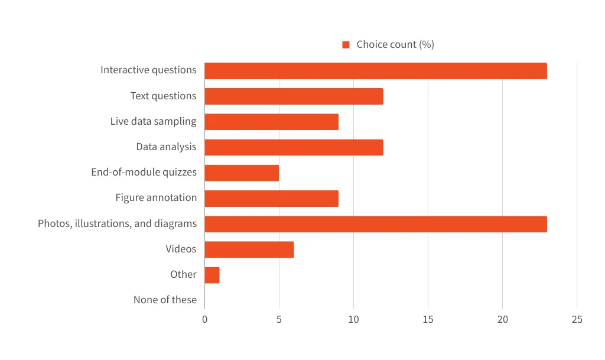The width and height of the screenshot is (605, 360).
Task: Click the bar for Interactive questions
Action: pos(376,71)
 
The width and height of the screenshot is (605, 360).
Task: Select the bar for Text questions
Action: pos(294,96)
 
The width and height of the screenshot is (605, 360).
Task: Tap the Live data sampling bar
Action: pos(271,122)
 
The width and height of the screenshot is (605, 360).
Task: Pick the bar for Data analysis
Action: pos(294,147)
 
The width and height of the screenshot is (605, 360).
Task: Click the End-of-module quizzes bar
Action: pos(242,173)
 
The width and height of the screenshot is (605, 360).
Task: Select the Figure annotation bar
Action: pos(271,199)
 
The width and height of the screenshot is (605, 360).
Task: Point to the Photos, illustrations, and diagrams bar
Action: pos(376,224)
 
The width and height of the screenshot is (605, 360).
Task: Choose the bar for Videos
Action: pos(249,249)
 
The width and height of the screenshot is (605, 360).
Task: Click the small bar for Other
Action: pos(212,275)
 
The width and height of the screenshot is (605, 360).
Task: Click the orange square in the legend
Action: pos(346,45)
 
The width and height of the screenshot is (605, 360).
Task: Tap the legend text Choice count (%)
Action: pos(395,45)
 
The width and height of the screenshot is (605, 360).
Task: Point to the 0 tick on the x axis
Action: pos(204,320)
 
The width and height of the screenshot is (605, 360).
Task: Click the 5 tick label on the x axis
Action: pos(279,320)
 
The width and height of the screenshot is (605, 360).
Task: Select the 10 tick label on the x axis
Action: pos(353,320)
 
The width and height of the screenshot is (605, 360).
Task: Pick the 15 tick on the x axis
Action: pos(428,320)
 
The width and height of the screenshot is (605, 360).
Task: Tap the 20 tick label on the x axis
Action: pos(502,320)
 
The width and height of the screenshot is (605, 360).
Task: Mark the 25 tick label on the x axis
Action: pos(577,320)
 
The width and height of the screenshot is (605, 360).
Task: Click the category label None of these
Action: pos(165,300)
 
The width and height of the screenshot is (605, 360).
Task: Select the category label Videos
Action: pos(181,249)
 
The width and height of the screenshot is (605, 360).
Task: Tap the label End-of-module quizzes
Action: pos(144,173)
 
